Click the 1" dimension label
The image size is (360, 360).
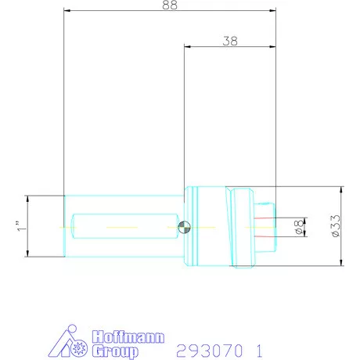click(18, 226)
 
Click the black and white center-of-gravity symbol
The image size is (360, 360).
click(183, 227)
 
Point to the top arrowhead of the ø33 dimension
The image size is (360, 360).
click(342, 189)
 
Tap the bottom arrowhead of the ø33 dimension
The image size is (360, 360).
click(342, 264)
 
